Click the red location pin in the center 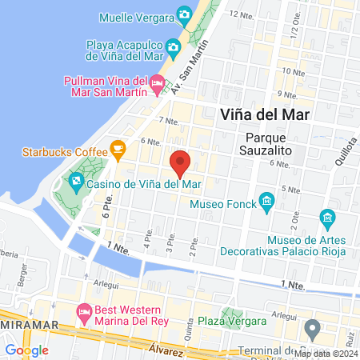181,163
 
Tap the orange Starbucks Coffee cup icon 118,149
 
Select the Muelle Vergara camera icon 185,14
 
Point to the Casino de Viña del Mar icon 76,182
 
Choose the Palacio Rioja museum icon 326,218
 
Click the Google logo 26,350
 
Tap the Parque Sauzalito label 271,142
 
